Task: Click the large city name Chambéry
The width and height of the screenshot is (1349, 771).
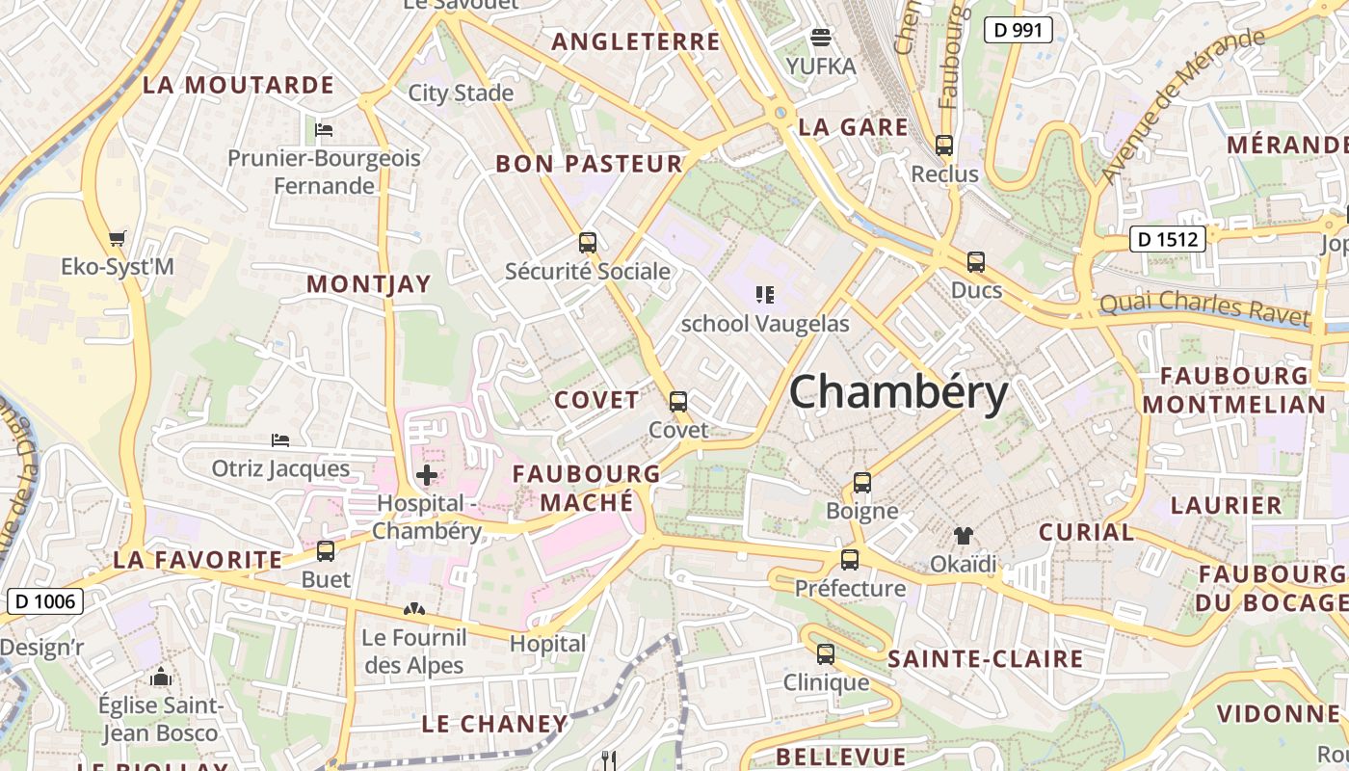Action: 898,393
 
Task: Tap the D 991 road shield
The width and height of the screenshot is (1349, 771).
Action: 1018,30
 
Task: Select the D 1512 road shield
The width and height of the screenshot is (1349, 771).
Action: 1167,238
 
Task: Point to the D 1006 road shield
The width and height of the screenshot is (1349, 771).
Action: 45,602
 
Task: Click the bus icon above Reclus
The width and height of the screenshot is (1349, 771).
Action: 944,146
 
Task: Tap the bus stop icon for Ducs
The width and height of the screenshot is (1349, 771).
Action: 976,261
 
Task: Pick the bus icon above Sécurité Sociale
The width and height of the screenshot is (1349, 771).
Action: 587,242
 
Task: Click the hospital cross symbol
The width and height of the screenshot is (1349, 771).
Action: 426,474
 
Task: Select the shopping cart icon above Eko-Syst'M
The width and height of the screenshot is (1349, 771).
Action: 118,237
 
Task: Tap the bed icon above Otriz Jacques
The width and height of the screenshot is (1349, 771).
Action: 280,440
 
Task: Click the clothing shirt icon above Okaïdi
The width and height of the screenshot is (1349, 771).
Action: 963,535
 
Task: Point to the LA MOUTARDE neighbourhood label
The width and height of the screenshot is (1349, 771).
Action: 238,85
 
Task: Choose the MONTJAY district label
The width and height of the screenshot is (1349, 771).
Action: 368,284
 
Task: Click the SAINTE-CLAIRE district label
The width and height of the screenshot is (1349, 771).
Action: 985,659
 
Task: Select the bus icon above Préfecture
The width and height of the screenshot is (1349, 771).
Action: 849,559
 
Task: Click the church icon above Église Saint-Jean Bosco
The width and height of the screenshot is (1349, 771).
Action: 161,677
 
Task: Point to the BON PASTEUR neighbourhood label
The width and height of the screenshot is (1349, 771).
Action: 589,164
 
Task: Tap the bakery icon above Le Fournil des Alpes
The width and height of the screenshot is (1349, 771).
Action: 413,609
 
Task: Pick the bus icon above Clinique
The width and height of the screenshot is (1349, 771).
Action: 826,653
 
